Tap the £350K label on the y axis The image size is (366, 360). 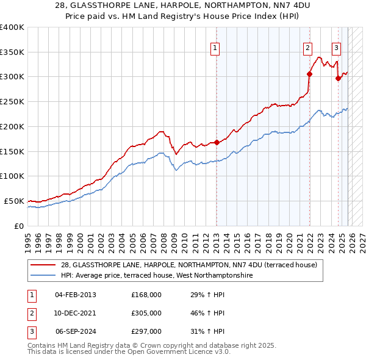12,52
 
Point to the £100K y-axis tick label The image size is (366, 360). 12,176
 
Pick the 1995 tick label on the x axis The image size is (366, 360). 27,237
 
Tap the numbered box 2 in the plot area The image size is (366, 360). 307,48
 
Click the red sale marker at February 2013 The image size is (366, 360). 217,143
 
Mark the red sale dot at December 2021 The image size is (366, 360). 309,74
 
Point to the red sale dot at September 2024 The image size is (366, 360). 338,78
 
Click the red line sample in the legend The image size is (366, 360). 43,265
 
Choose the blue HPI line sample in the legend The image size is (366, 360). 43,276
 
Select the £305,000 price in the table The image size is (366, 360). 146,313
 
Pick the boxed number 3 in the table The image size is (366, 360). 32,331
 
